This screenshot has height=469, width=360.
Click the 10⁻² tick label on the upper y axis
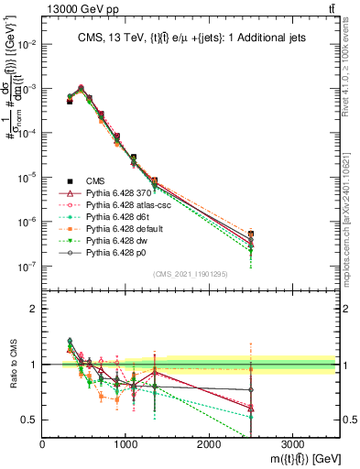pos(26,44)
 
